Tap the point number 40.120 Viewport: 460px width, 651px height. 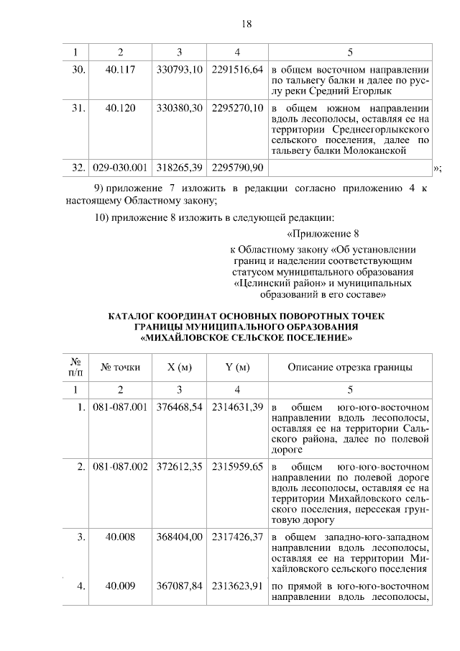121,109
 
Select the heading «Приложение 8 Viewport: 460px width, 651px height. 322,235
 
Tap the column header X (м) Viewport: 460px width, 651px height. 179,368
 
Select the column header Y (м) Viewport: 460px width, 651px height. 237,368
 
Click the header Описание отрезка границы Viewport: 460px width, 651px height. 349,368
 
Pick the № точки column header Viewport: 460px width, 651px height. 121,368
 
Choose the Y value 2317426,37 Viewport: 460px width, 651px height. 237,536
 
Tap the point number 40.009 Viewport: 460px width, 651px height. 121,586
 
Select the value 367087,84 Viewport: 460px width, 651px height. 179,586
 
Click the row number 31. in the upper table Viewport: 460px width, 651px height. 78,109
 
